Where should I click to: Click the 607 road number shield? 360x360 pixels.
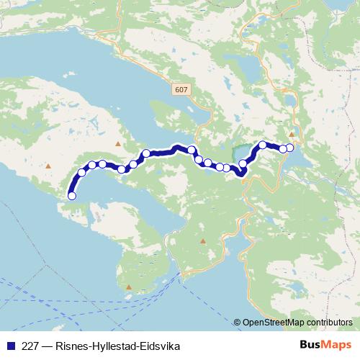coord(179,89)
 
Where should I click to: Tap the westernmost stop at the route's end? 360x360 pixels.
coord(71,195)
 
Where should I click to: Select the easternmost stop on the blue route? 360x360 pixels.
coord(290,148)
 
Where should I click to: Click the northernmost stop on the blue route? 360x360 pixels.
coord(263,145)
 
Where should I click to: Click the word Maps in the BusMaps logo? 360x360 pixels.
coord(338,346)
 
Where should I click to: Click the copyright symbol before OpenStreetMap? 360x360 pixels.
coord(238,323)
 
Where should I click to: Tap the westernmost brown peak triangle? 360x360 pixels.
coord(48,166)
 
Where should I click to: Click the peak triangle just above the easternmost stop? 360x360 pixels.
coord(292,134)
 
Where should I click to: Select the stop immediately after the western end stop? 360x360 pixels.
coord(81,172)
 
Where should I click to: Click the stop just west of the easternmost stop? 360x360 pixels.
coord(283,149)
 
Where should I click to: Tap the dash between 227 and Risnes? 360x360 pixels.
coord(48,346)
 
